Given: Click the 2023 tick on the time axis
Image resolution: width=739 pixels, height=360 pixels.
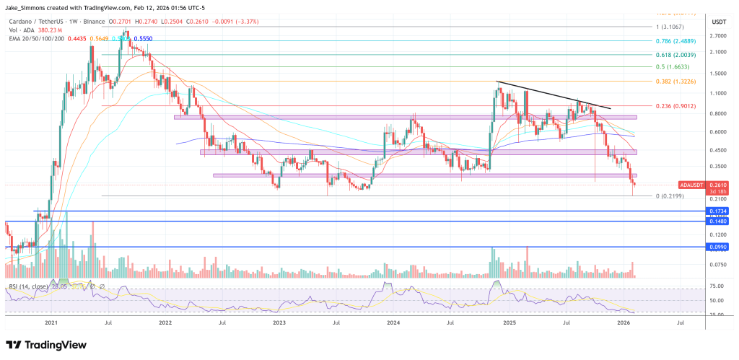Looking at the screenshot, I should [279, 324].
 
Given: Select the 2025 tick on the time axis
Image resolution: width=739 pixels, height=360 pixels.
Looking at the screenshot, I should [508, 324].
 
